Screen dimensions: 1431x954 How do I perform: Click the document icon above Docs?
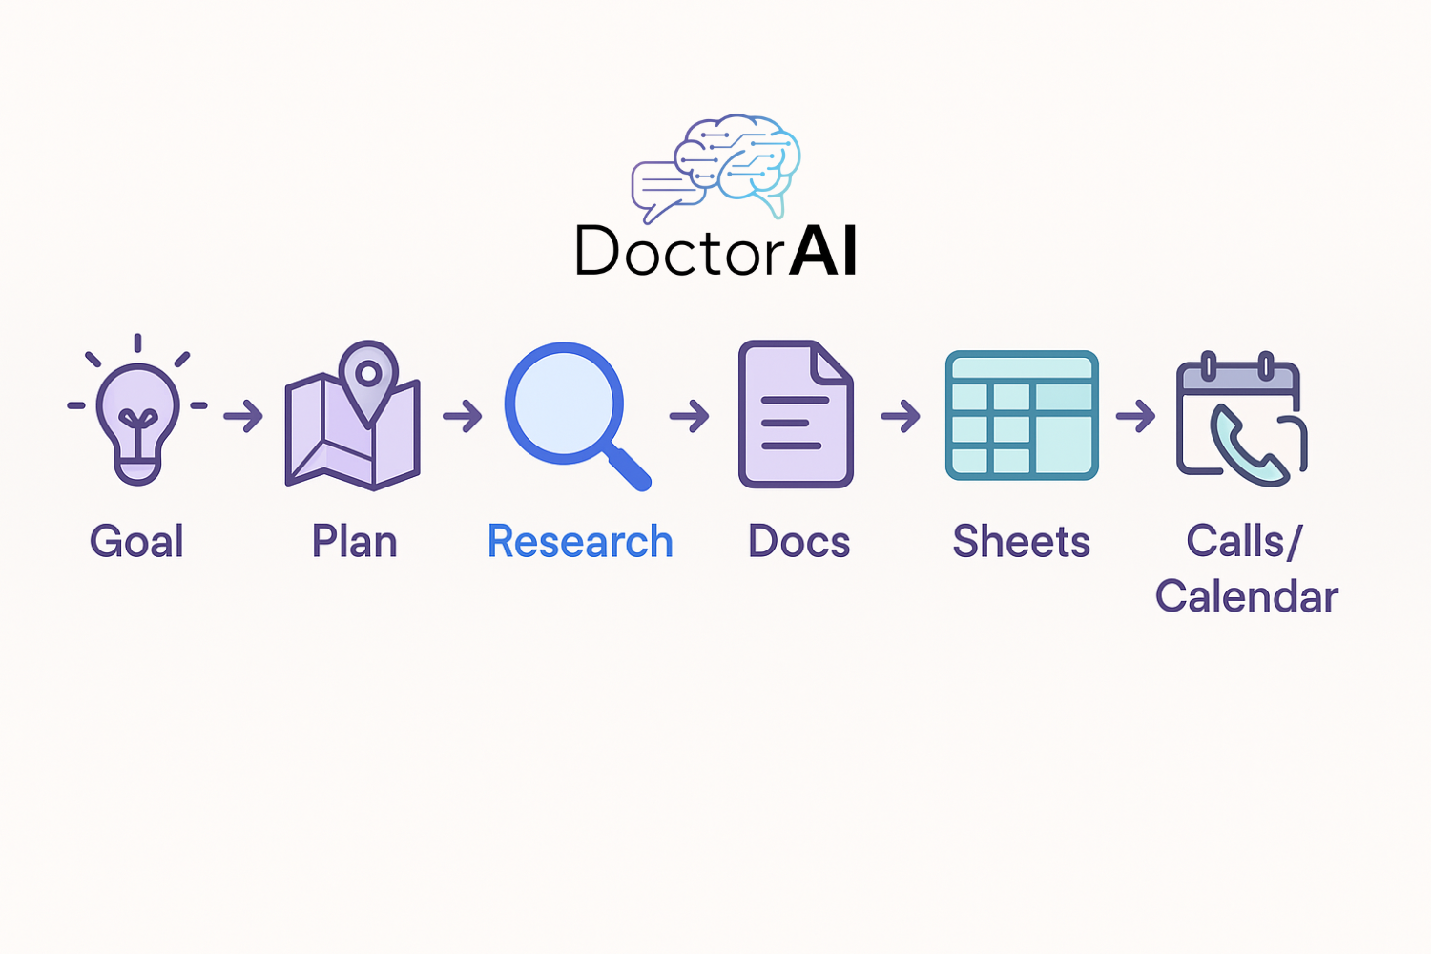(796, 414)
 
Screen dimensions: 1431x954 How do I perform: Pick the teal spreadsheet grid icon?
(1022, 415)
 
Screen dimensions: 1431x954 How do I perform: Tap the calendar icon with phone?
(1241, 419)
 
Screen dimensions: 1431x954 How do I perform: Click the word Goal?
(136, 541)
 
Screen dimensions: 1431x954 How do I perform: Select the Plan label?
(355, 541)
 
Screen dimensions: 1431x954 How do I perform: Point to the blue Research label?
(580, 541)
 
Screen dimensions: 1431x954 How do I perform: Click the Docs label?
(798, 541)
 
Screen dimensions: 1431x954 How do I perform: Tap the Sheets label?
(1021, 541)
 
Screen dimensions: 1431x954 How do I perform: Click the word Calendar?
(1246, 596)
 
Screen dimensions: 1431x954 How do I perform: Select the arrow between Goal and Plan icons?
(243, 416)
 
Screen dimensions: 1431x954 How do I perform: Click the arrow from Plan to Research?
(463, 416)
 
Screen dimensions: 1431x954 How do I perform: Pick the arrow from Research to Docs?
(690, 416)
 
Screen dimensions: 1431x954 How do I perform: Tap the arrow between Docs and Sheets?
(901, 416)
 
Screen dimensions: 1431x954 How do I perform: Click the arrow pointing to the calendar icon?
(1136, 416)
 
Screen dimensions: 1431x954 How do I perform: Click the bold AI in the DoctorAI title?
(822, 251)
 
